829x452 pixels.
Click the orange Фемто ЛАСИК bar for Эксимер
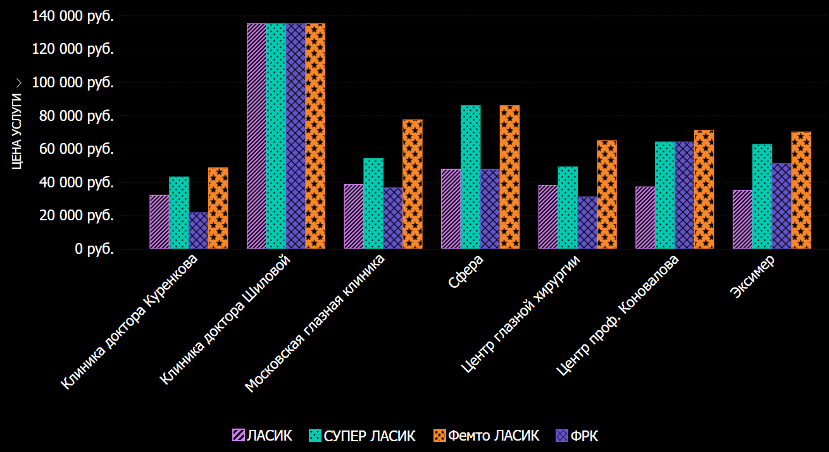coord(801,190)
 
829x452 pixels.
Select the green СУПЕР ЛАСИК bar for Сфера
coord(470,177)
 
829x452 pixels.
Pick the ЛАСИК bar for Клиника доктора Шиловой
coord(256,136)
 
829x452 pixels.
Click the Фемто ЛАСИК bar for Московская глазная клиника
coord(413,184)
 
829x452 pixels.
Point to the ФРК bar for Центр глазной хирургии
coord(587,223)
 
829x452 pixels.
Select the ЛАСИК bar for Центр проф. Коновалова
coord(645,218)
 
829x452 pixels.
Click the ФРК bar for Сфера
coord(490,209)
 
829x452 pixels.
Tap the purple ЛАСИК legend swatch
coord(239,436)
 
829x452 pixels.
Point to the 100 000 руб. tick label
coord(72,82)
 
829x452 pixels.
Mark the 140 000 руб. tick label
coord(72,16)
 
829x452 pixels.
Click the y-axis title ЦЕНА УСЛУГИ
coord(17,131)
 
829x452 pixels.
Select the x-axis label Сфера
coord(466,271)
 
